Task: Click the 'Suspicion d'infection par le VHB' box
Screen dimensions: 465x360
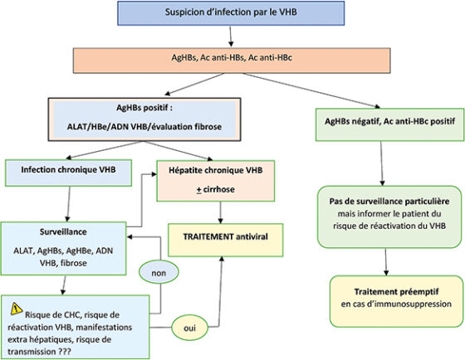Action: point(231,13)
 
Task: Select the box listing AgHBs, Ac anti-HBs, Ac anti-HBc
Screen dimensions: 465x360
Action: point(232,61)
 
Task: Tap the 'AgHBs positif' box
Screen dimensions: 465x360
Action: point(144,119)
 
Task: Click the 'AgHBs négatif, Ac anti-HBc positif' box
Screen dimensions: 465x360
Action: point(389,124)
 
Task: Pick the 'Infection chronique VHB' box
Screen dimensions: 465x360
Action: point(68,173)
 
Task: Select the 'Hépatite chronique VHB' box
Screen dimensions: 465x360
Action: point(216,181)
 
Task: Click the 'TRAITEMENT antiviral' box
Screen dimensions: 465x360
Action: point(225,240)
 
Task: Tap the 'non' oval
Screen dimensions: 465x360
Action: point(159,273)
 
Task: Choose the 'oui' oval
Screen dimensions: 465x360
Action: point(190,328)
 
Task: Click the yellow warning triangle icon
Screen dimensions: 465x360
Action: point(17,309)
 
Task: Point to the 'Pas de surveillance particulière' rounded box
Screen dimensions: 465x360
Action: point(389,216)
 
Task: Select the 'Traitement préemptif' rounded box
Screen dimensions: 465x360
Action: point(396,301)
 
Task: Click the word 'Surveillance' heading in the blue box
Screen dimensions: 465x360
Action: point(63,231)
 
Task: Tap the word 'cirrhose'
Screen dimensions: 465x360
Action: point(219,189)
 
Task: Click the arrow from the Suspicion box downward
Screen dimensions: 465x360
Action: point(231,36)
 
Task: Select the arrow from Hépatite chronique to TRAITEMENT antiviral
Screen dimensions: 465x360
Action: point(220,212)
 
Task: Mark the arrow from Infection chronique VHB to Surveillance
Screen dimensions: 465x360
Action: point(68,204)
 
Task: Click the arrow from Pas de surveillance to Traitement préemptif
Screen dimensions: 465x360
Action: point(386,262)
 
